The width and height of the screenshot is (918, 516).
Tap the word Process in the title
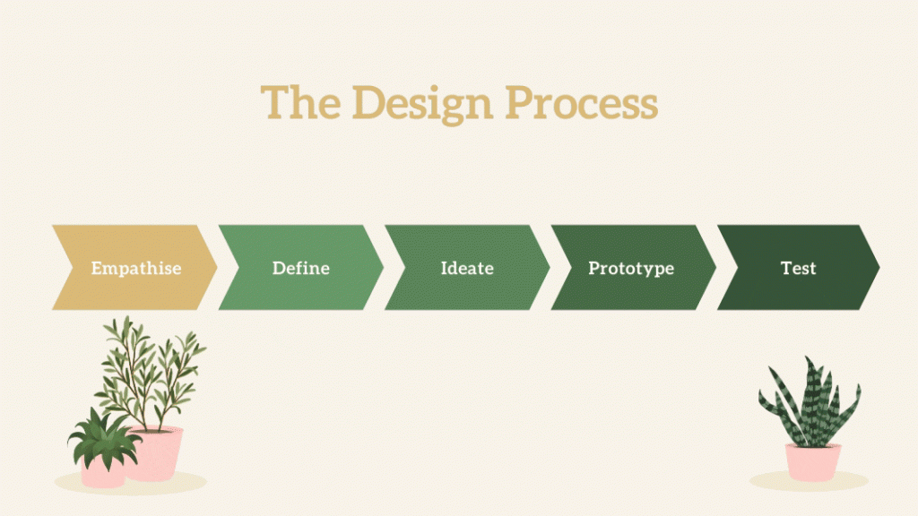(x=582, y=102)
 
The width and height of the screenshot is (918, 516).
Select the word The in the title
(x=300, y=102)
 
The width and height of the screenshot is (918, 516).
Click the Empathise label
(x=136, y=268)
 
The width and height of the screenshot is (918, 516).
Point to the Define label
(x=301, y=268)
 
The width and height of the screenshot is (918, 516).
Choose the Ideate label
(x=467, y=268)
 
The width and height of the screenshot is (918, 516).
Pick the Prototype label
(x=631, y=269)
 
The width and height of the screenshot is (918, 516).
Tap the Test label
(x=798, y=268)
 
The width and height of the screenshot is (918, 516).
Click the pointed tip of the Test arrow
(x=879, y=267)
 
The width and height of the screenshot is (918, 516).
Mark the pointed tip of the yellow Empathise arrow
(x=217, y=267)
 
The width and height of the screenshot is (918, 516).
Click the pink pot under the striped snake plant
(x=812, y=462)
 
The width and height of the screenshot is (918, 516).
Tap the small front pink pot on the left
(x=103, y=471)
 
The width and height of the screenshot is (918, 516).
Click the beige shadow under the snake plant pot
(x=809, y=481)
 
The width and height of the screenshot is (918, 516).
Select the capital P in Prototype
(x=594, y=267)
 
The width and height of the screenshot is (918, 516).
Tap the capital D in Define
(x=280, y=268)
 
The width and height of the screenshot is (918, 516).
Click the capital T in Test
(x=787, y=268)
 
